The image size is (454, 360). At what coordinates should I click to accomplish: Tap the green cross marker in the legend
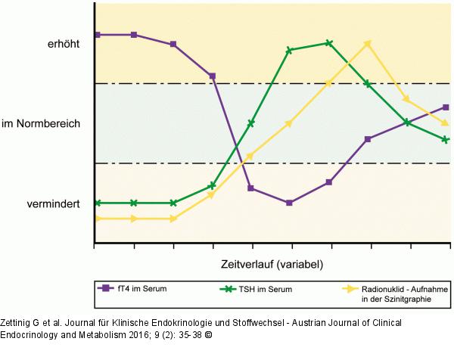pos(223,288)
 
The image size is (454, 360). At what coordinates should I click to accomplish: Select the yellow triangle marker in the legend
pos(350,288)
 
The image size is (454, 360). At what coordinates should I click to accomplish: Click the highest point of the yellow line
pos(368,43)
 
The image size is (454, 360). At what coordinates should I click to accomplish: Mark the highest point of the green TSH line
pos(328,43)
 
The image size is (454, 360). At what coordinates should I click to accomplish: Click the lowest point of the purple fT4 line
pos(289,203)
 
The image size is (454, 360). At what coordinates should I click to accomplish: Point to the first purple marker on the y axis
pos(95,35)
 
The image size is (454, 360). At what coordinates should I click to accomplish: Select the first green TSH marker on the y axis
pos(95,203)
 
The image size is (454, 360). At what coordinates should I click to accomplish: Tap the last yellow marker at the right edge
pos(446,123)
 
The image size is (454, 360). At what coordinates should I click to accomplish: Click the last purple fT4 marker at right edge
pos(446,107)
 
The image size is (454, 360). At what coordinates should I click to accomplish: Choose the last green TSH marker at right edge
pos(446,140)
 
